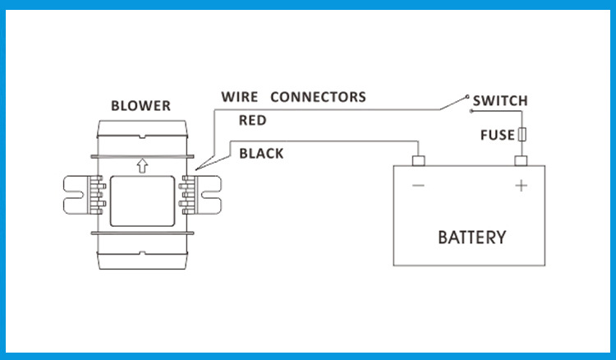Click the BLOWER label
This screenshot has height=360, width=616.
(140, 106)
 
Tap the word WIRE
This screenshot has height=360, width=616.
(240, 97)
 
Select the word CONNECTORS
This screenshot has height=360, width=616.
(318, 97)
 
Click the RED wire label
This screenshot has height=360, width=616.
(252, 121)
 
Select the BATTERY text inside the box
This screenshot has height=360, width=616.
(471, 238)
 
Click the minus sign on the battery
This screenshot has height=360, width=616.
(418, 187)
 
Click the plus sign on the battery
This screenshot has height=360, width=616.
(521, 187)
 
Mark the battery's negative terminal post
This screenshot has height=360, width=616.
(417, 159)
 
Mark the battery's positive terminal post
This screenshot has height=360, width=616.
(521, 159)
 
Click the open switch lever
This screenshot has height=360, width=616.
(452, 103)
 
